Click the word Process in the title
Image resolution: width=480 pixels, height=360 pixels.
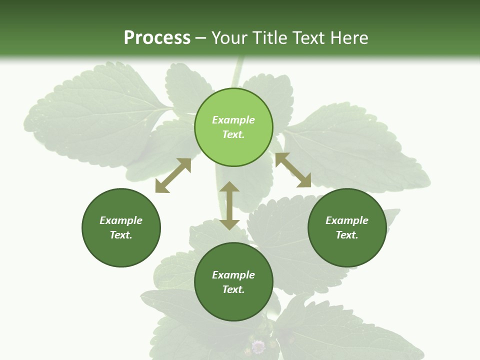[157, 38]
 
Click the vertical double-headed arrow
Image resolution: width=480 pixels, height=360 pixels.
[229, 206]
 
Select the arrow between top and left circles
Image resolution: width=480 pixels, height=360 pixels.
[173, 175]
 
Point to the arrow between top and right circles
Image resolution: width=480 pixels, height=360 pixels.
[293, 170]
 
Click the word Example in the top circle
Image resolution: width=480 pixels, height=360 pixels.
[233, 120]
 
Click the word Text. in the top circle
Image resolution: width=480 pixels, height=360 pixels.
[233, 134]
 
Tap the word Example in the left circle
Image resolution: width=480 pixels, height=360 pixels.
[121, 220]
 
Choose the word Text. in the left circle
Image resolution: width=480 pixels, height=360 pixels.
[121, 235]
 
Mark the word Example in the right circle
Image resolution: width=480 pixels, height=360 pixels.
[347, 220]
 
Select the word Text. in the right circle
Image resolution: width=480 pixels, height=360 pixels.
[347, 235]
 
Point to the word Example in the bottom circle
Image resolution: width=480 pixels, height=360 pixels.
[233, 275]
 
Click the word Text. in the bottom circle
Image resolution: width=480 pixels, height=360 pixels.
[233, 289]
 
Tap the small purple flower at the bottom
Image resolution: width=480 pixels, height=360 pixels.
[258, 346]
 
